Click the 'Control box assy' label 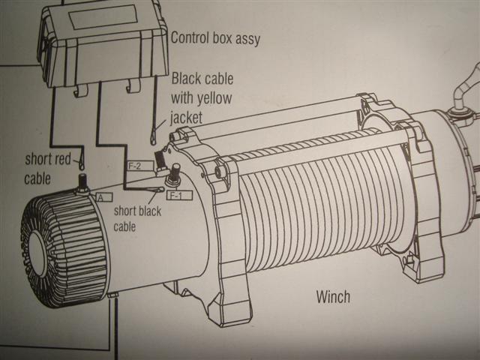[x=215, y=38]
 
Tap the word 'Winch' [x=332, y=297]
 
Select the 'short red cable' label [x=49, y=167]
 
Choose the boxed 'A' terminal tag [x=103, y=197]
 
